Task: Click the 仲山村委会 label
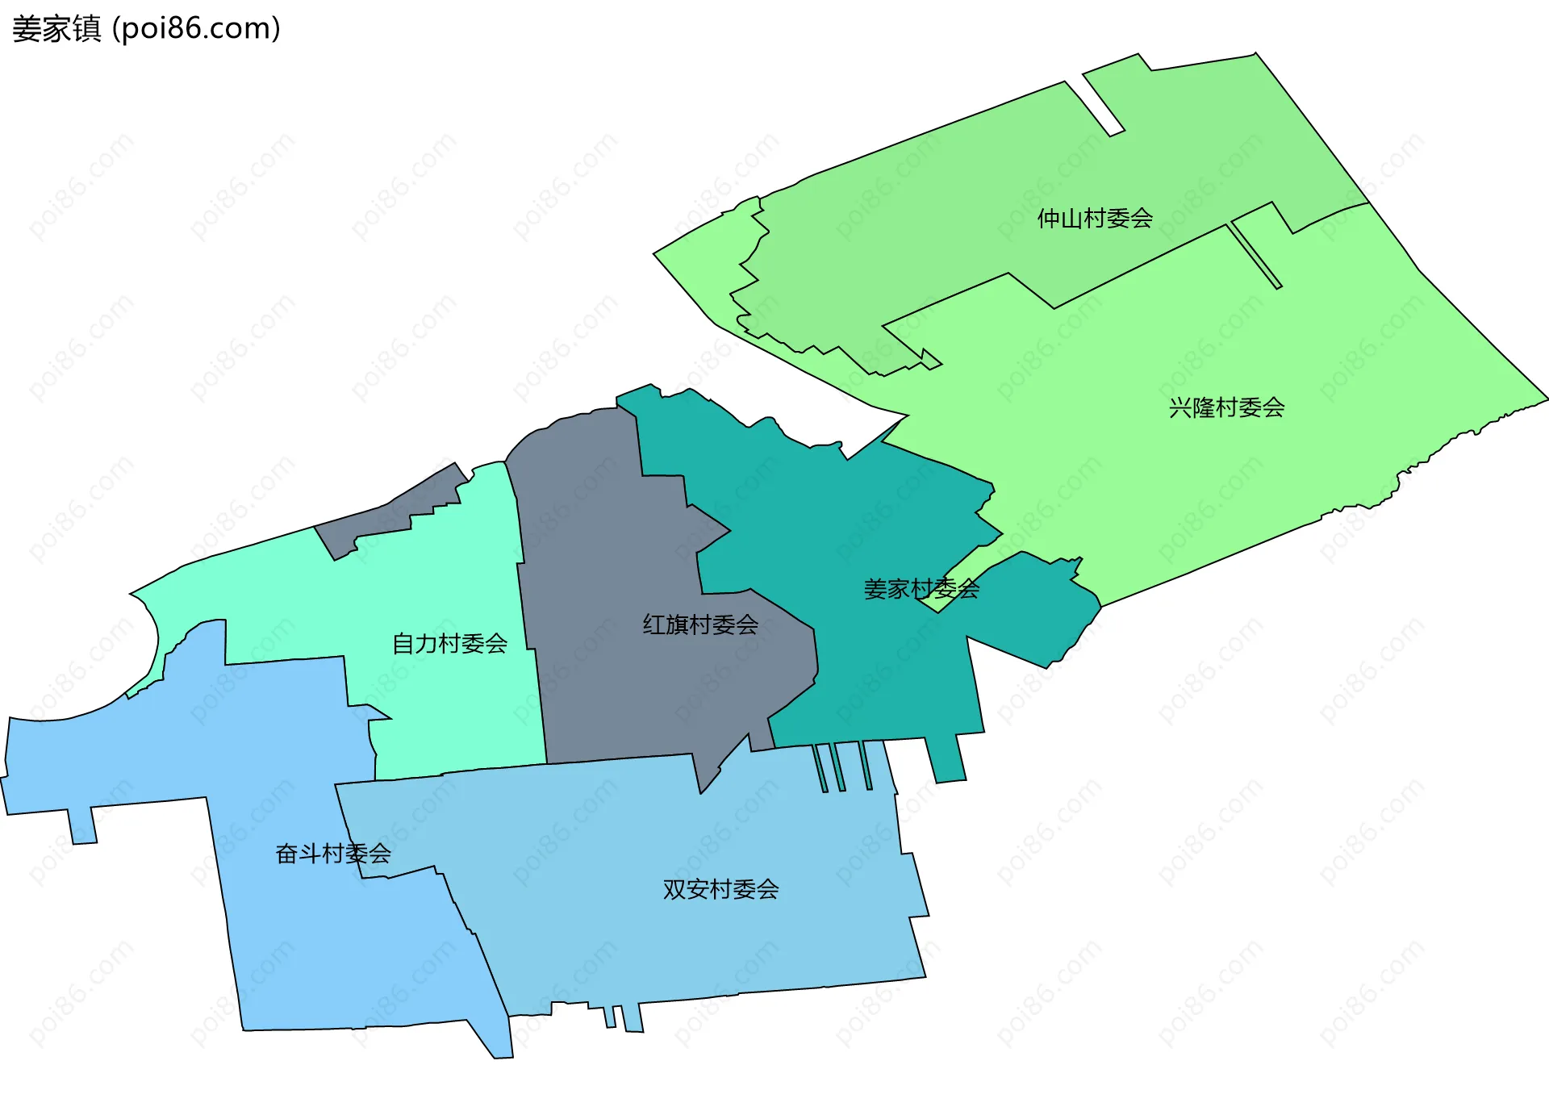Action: (x=1095, y=219)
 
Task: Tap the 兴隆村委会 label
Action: (x=1226, y=407)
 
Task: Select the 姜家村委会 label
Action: (x=921, y=589)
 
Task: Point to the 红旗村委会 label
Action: (x=700, y=624)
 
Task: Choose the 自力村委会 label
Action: (x=449, y=644)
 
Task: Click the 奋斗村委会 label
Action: (x=333, y=854)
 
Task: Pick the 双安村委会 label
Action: (x=720, y=889)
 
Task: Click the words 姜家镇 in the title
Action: (x=56, y=29)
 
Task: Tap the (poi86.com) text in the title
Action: (x=196, y=29)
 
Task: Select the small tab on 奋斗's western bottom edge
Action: (x=82, y=825)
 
